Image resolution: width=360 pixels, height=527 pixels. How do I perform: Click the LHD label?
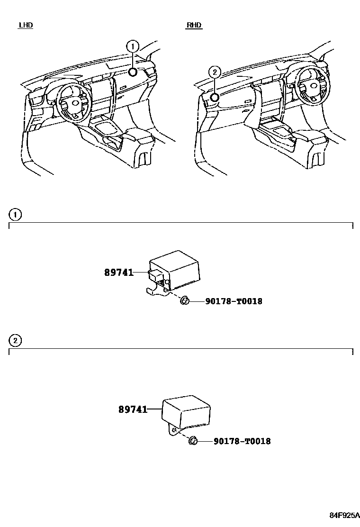(26, 25)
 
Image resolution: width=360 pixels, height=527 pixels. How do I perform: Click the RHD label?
(194, 25)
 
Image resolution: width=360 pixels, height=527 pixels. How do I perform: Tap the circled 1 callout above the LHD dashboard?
(133, 46)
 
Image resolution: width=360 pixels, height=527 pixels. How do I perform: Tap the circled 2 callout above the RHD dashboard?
(215, 72)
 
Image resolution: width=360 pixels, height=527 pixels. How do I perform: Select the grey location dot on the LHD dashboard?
(133, 72)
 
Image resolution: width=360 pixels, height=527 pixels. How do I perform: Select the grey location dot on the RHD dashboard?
(215, 98)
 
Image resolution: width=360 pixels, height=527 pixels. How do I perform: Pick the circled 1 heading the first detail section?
(16, 215)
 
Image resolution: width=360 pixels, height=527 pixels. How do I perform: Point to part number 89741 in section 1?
(118, 273)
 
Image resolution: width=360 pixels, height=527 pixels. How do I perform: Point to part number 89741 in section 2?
(133, 409)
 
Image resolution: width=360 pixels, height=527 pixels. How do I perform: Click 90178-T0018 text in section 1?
(234, 301)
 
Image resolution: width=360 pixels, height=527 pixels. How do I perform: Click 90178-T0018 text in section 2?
(242, 441)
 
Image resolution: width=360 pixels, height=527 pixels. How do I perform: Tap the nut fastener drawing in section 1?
(185, 301)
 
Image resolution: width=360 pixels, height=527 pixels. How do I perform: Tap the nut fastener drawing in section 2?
(193, 441)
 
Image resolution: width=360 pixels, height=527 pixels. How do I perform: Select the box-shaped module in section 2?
(186, 410)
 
